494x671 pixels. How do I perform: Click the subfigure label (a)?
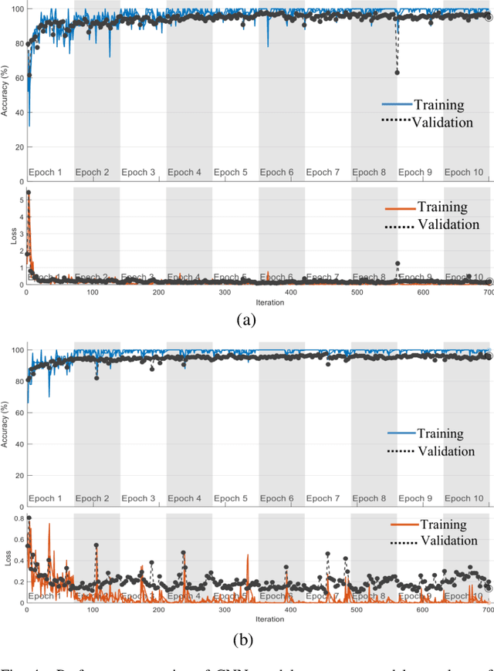tap(245, 319)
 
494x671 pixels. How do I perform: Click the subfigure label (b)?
tap(245, 639)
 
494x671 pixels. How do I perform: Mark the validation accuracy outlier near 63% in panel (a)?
tap(397, 72)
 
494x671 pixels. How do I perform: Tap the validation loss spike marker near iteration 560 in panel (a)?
tap(398, 264)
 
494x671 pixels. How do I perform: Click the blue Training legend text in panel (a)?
tap(438, 105)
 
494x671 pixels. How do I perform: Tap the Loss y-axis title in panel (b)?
tap(5, 559)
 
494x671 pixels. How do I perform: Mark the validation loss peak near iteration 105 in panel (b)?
tap(96, 545)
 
